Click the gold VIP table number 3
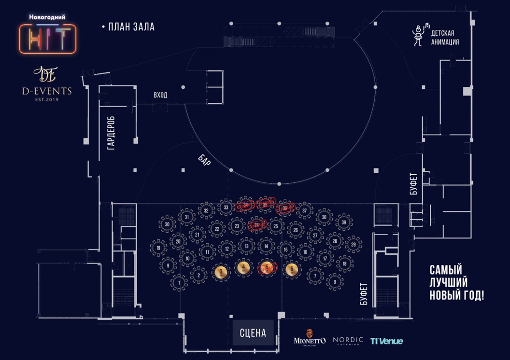[x=221, y=273]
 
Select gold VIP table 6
[x=290, y=270]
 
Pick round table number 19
[x=158, y=249]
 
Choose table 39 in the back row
[x=344, y=222]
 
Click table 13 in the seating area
[x=246, y=247]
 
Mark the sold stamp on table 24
[x=257, y=224]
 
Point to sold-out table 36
[x=285, y=208]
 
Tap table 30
[x=167, y=224]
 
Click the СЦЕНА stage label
[x=253, y=332]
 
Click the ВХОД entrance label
[x=160, y=95]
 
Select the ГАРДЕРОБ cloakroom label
[x=112, y=132]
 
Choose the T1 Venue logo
[x=386, y=341]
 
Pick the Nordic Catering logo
[x=348, y=341]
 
